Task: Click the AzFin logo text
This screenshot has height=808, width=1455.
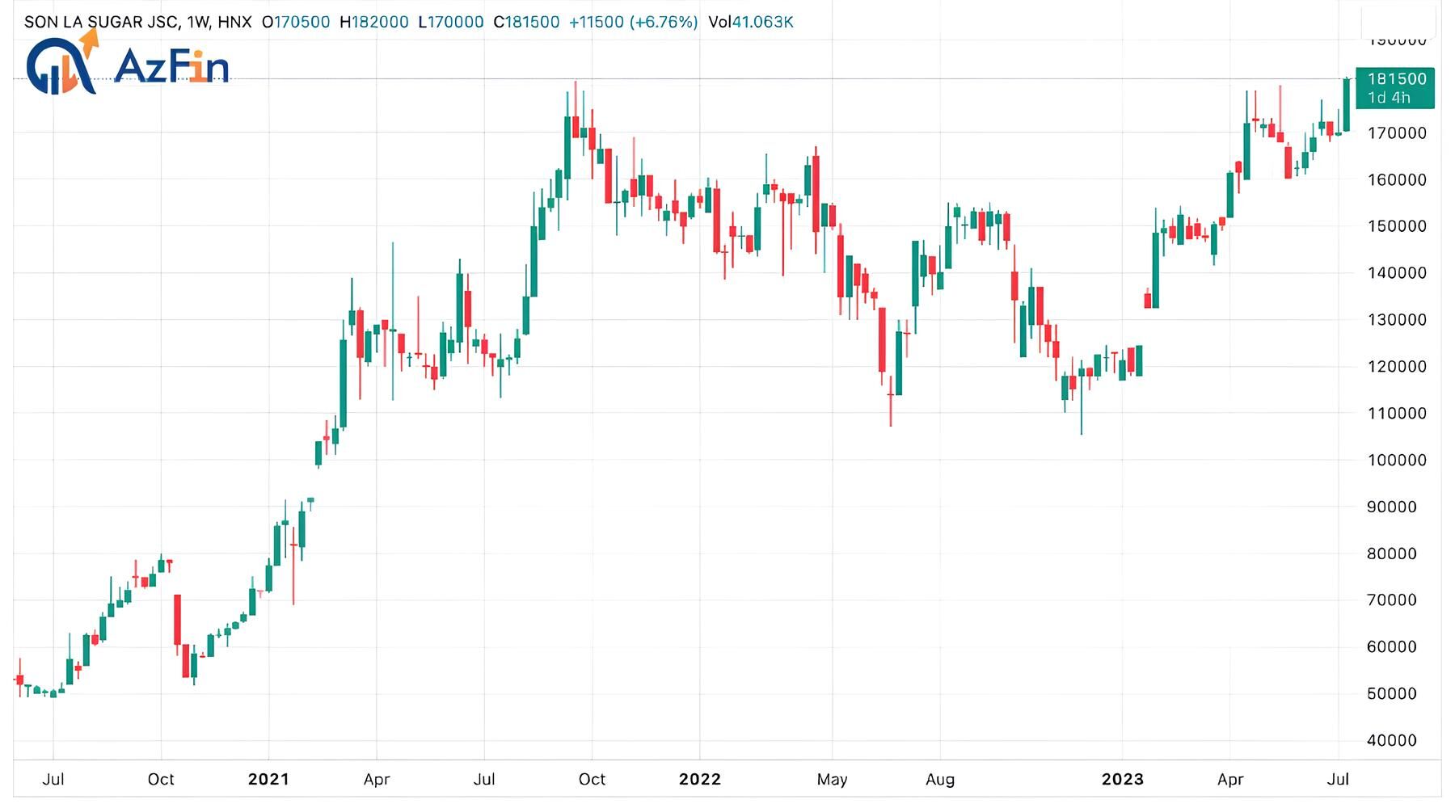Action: click(x=171, y=66)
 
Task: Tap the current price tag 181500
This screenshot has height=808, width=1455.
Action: click(x=1396, y=79)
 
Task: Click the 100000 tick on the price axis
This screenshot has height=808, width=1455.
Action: click(x=1396, y=460)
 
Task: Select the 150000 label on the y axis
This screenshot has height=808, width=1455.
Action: click(x=1396, y=226)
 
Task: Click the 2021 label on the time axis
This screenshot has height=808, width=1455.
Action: click(x=268, y=779)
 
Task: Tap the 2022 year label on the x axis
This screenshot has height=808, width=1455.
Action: click(x=699, y=779)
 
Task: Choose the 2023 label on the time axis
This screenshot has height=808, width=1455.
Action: click(x=1122, y=779)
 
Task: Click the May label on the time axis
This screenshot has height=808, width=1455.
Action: click(x=832, y=779)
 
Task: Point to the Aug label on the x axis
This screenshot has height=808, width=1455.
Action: click(x=939, y=779)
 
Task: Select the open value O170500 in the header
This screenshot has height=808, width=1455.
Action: click(x=296, y=22)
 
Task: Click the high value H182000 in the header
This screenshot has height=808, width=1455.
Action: click(x=373, y=22)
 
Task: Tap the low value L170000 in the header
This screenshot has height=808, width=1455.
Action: click(x=451, y=22)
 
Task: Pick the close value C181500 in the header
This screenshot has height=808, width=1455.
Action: click(x=526, y=22)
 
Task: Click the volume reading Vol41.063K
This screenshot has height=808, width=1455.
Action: click(x=750, y=22)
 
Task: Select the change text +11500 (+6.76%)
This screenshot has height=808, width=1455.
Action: click(x=633, y=22)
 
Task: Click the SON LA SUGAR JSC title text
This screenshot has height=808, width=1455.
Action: click(x=102, y=22)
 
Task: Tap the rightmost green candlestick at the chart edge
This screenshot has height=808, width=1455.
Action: click(x=1347, y=105)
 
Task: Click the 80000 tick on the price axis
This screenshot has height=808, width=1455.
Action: click(x=1396, y=553)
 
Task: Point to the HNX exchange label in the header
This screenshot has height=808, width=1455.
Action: click(x=234, y=22)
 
